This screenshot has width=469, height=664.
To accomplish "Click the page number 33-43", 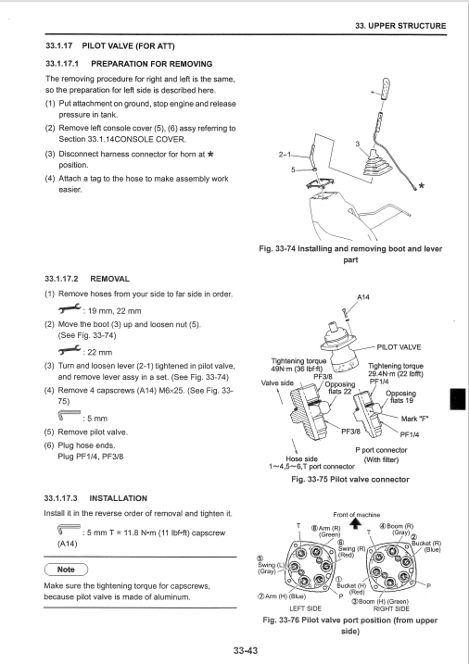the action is tap(246, 650).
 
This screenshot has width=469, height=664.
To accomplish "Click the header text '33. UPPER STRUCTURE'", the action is tap(400, 26).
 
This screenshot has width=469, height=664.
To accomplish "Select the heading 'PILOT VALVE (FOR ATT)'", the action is tap(128, 45).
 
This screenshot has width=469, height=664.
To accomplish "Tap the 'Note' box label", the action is tap(66, 570).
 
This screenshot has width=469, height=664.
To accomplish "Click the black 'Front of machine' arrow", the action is tap(356, 524).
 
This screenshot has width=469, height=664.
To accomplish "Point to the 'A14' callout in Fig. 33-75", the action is tap(363, 297).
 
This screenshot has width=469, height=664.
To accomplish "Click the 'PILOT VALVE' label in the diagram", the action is tap(399, 347).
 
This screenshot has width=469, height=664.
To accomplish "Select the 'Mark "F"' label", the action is tap(414, 419).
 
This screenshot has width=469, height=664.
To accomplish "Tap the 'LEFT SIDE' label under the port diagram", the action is tap(305, 608).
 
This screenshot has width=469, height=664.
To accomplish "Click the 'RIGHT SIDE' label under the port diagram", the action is tap(391, 608).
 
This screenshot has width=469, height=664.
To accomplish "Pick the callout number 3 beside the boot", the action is tap(357, 144).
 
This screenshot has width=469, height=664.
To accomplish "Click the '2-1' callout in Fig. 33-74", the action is tap(285, 155).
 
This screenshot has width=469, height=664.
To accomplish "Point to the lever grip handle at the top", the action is tap(386, 89).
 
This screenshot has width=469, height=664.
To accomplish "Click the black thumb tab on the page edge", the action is tap(458, 399).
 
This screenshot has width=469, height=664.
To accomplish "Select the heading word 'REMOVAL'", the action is tap(109, 279).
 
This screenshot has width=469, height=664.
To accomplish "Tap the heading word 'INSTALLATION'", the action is tap(119, 498).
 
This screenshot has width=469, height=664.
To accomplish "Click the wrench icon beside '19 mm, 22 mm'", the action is tap(70, 309).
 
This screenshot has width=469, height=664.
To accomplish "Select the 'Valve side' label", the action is tap(277, 383).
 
